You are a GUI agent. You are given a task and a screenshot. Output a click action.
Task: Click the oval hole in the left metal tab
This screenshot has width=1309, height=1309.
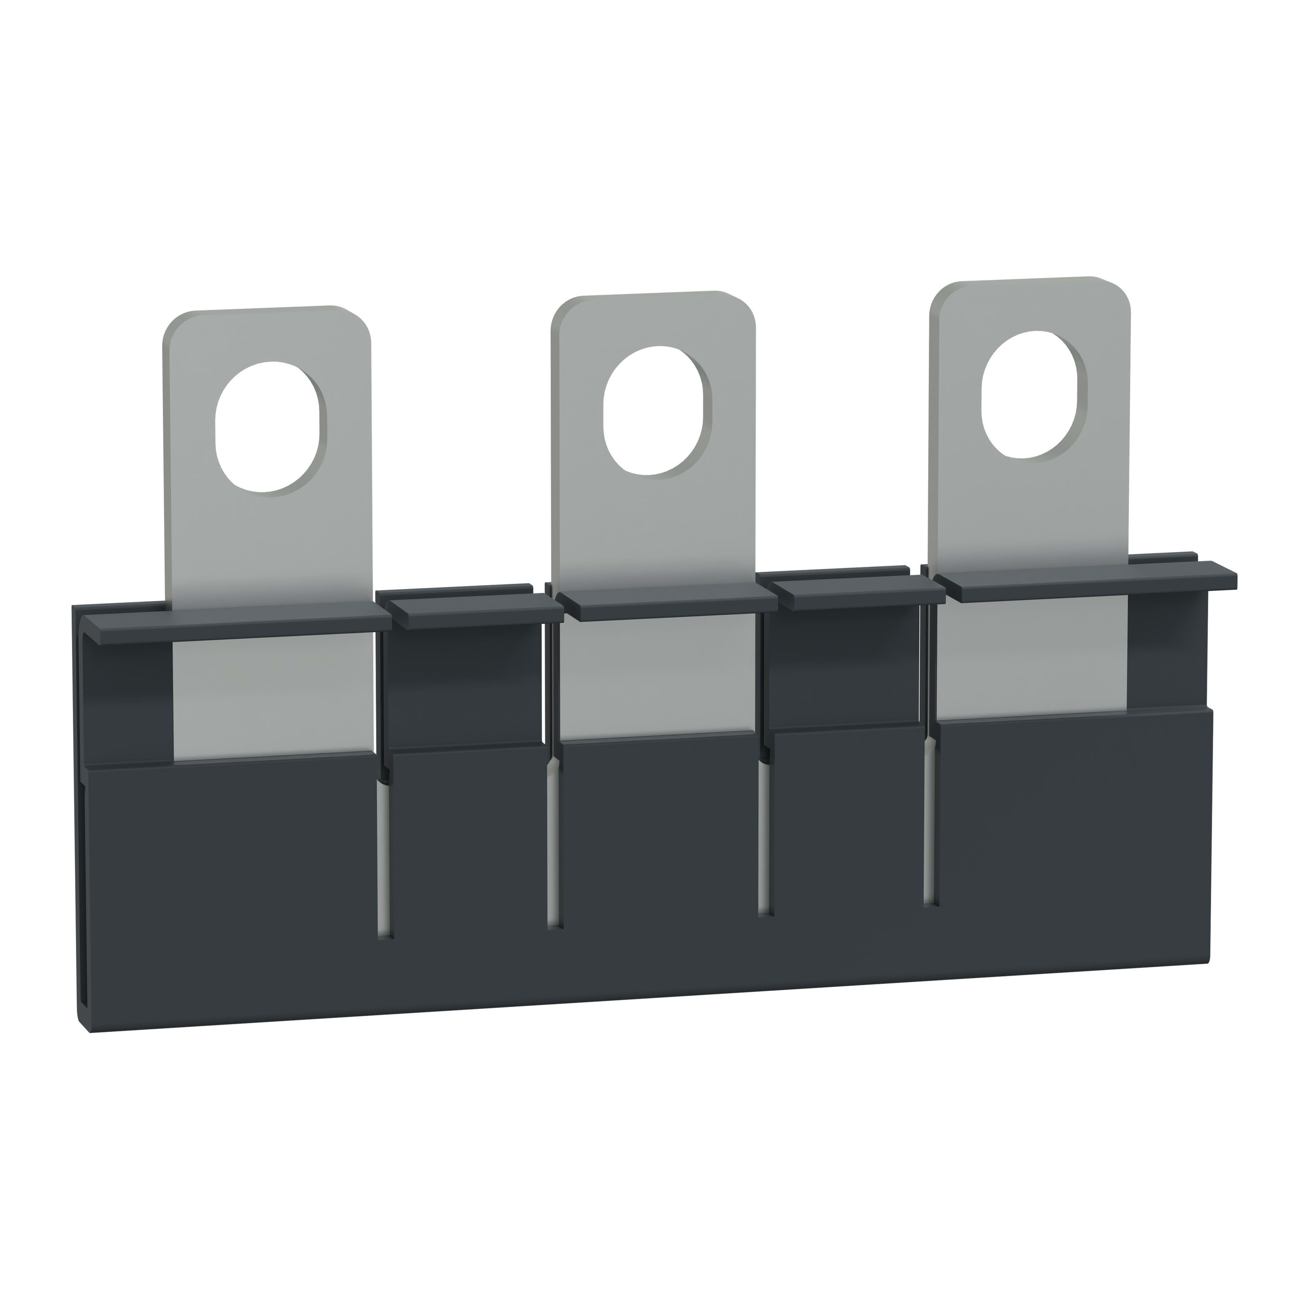pyautogui.click(x=270, y=426)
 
